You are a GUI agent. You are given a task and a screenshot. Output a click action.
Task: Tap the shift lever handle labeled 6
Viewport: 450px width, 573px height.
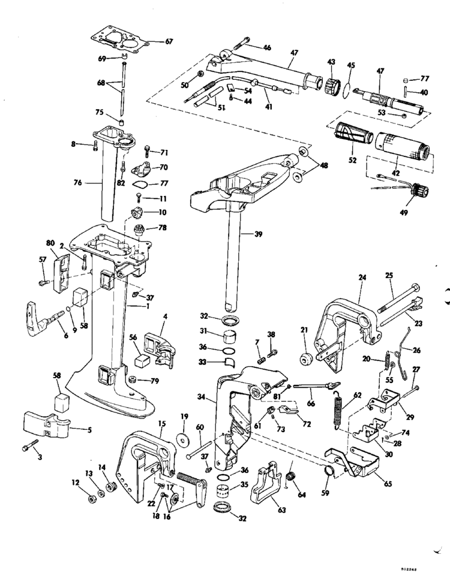pos(36,318)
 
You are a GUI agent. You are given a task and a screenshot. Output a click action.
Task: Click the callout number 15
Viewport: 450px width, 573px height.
pos(161,423)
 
